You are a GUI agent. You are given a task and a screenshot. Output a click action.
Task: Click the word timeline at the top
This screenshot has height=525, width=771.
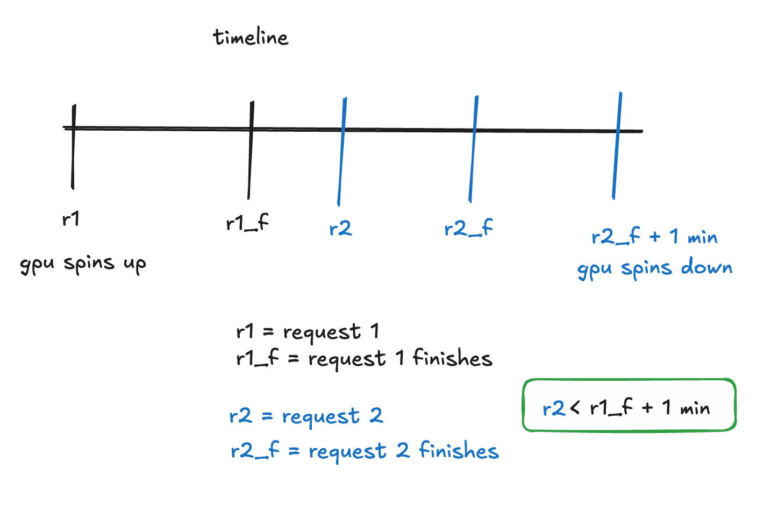tap(251, 37)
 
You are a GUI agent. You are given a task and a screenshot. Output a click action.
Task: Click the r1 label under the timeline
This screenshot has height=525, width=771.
tap(71, 219)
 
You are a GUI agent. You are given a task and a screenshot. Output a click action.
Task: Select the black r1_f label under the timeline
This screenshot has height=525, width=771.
tap(247, 223)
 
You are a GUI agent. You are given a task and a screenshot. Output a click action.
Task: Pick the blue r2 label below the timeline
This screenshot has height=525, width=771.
tap(340, 229)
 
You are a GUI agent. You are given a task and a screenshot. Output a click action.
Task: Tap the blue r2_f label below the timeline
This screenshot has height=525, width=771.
tap(468, 229)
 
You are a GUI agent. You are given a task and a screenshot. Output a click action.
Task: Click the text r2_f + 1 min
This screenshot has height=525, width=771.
tap(654, 237)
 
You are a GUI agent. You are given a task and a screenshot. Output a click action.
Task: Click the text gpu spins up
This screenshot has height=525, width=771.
tap(83, 264)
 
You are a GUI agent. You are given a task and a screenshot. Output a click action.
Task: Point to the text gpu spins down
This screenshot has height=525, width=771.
tap(654, 268)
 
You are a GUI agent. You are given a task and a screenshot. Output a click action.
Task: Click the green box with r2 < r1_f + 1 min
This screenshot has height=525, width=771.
tap(629, 405)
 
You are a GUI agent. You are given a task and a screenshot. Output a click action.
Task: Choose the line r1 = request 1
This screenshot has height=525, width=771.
tap(308, 332)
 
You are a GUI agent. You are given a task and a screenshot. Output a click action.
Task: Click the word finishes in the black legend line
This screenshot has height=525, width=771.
tap(452, 358)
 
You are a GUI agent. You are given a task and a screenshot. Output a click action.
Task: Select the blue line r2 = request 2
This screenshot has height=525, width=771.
tap(306, 416)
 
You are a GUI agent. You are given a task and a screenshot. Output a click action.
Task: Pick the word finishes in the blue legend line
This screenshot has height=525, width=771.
tap(459, 451)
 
